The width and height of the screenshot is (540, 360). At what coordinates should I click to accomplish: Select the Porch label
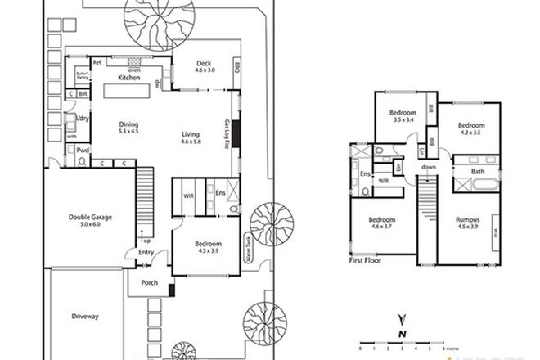[149, 283]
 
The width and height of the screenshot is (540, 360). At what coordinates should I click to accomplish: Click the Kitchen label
[128, 77]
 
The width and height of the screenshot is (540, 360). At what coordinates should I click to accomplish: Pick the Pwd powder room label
[83, 151]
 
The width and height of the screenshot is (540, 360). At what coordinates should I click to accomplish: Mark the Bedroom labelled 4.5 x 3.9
[205, 244]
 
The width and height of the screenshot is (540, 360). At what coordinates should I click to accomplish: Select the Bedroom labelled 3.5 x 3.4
[403, 113]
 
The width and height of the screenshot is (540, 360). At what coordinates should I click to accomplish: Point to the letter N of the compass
[401, 333]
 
